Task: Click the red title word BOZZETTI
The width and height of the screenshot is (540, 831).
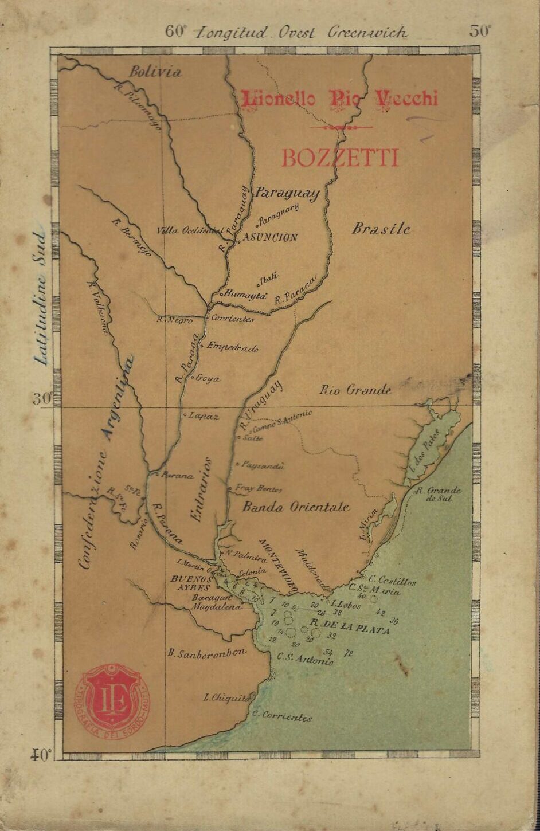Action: (x=339, y=158)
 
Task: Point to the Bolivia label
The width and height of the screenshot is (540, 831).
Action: (x=155, y=72)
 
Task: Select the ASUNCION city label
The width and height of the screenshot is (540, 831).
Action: (x=270, y=237)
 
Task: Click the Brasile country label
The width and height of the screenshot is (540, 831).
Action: (x=381, y=229)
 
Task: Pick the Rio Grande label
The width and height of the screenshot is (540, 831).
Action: (x=355, y=390)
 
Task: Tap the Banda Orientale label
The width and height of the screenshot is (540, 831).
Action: (x=295, y=507)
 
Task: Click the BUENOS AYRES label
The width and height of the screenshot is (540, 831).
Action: (x=191, y=583)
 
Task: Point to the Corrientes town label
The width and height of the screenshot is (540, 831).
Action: (x=232, y=319)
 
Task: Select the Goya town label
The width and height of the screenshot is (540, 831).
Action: (x=208, y=379)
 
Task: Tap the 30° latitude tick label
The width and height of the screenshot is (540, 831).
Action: (x=42, y=399)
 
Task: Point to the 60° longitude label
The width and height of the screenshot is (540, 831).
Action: (x=176, y=31)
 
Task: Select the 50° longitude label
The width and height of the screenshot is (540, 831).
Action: (x=480, y=31)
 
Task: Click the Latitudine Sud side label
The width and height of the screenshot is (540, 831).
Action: (x=40, y=298)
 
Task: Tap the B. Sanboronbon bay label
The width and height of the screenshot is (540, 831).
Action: (x=206, y=652)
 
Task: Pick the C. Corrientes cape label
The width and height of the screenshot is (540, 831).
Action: (x=283, y=716)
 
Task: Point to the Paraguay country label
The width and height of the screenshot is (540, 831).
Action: (x=287, y=193)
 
